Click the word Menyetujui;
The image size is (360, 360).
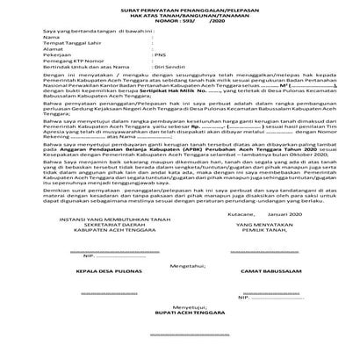click(x=180, y=332)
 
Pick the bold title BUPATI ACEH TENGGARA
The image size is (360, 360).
click(x=180, y=340)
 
